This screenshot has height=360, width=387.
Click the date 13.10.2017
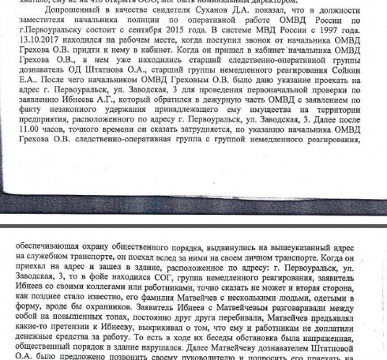(39, 51)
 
